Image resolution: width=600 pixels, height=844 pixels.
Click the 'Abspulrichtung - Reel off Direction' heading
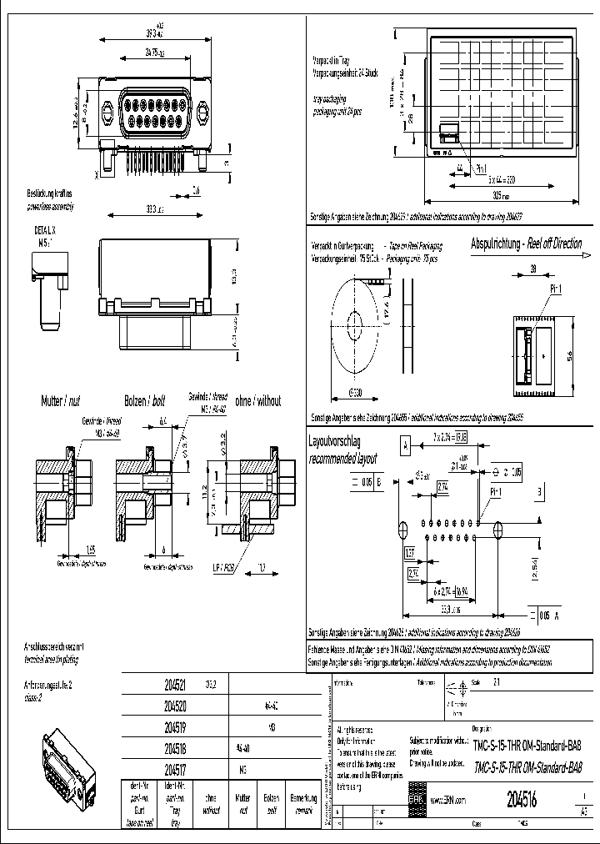[x=526, y=244]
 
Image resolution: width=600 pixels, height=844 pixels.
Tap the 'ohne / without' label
[x=259, y=400]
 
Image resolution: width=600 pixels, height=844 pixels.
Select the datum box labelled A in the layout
[x=405, y=447]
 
